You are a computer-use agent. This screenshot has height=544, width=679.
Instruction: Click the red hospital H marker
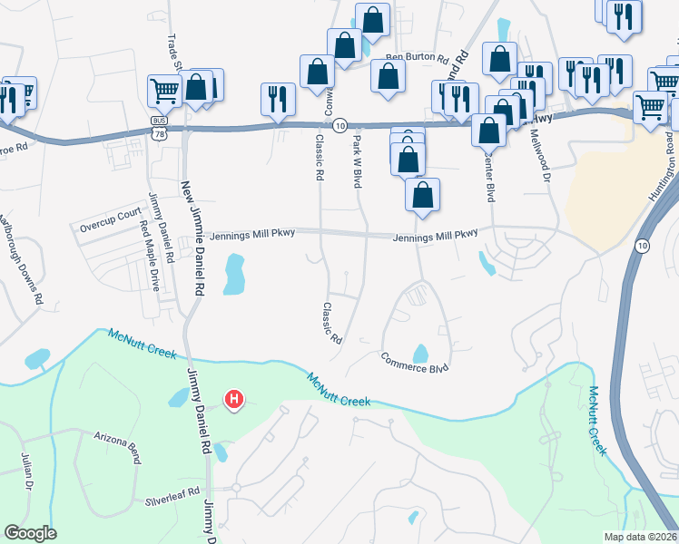234,399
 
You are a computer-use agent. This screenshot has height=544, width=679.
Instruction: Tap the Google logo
30,533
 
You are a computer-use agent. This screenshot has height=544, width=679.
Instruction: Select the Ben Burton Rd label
418,57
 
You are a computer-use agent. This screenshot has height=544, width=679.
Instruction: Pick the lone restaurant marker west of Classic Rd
276,100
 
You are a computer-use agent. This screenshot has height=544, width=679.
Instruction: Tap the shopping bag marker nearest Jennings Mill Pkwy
422,195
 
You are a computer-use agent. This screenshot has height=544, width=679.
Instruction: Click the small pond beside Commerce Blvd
420,353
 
